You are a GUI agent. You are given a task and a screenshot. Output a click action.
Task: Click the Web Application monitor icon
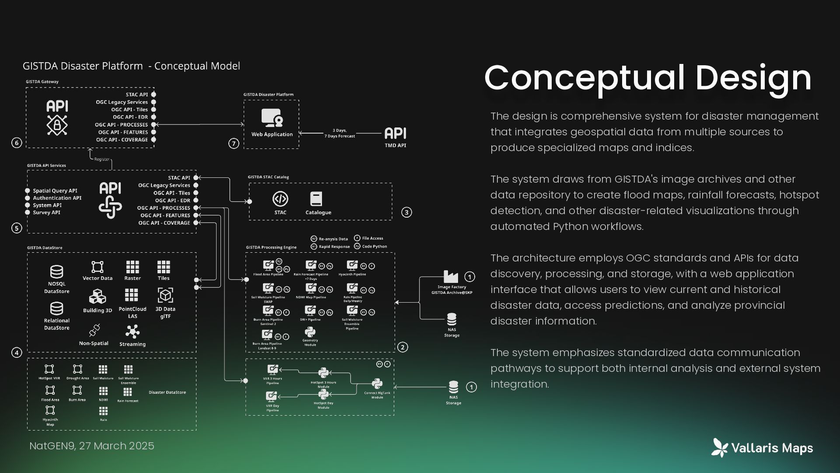pos(272,118)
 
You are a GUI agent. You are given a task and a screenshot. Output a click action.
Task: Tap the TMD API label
pos(395,145)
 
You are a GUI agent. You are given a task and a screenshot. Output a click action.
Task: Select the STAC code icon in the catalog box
pos(280,199)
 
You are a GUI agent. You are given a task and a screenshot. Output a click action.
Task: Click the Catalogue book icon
pos(316,199)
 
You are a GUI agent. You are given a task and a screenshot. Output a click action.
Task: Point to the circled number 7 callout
pos(234,143)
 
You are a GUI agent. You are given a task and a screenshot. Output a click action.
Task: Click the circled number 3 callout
pos(406,212)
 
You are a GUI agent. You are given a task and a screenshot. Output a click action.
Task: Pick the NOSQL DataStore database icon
pos(56,272)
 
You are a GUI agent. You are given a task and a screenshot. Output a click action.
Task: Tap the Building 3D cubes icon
pos(97,297)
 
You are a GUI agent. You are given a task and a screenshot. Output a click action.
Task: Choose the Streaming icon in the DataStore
pos(132,332)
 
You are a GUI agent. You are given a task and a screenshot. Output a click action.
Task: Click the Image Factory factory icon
pos(451,276)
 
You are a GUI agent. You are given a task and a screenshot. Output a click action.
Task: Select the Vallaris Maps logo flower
pos(720,448)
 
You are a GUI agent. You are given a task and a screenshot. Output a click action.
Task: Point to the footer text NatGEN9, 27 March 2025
pos(91,446)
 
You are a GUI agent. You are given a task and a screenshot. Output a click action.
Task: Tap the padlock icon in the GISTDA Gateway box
pos(57,125)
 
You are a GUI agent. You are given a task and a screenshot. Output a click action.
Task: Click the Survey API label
pos(46,212)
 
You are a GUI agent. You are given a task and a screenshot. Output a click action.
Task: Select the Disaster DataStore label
pos(167,392)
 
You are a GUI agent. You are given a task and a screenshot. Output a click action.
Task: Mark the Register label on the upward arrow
pos(102,159)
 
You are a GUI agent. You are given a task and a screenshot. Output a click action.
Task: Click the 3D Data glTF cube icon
pos(165,295)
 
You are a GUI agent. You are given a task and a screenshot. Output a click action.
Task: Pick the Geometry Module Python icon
pos(310,332)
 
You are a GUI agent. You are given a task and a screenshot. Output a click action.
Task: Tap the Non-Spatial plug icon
pos(94,330)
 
